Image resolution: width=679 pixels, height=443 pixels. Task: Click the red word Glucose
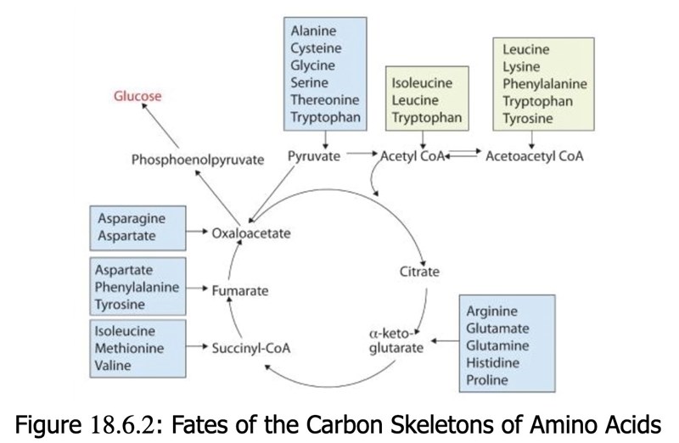pyautogui.click(x=137, y=96)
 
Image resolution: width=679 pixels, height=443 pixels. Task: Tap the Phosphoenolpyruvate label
pyautogui.click(x=198, y=159)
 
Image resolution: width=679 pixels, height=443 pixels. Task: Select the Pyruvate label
pyautogui.click(x=313, y=156)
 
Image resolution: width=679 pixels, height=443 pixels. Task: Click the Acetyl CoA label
pyautogui.click(x=412, y=157)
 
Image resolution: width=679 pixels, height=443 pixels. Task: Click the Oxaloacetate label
pyautogui.click(x=252, y=233)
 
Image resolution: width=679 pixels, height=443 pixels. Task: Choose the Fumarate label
pyautogui.click(x=240, y=290)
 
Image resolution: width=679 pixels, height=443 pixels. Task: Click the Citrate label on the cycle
pyautogui.click(x=419, y=272)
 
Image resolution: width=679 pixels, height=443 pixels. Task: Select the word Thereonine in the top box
pyautogui.click(x=325, y=100)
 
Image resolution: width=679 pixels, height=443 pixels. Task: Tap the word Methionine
pyautogui.click(x=130, y=348)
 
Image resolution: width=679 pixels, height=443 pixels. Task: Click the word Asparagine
pyautogui.click(x=131, y=218)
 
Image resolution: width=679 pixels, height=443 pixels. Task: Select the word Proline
pyautogui.click(x=487, y=379)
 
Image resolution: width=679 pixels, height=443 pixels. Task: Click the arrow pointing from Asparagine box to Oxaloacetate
pyautogui.click(x=198, y=231)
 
